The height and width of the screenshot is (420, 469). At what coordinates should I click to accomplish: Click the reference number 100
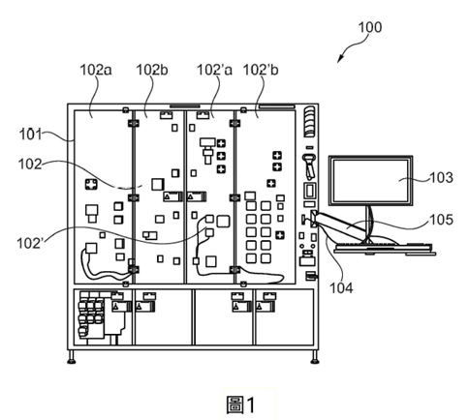(x=370, y=27)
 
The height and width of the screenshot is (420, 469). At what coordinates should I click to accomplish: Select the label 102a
(x=96, y=70)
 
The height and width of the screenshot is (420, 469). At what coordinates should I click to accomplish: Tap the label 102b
(x=152, y=70)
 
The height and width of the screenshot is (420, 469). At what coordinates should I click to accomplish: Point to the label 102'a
(x=214, y=70)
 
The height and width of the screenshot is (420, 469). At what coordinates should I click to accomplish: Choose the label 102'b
(x=261, y=70)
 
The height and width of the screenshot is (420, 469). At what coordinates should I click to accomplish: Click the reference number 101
(x=31, y=135)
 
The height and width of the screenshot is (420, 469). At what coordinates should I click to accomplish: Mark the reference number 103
(x=441, y=178)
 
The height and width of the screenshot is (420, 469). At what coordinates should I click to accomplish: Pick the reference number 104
(x=341, y=287)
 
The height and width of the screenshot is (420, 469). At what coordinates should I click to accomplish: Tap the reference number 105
(x=442, y=220)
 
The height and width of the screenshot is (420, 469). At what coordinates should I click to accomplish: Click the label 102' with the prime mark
(x=30, y=243)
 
